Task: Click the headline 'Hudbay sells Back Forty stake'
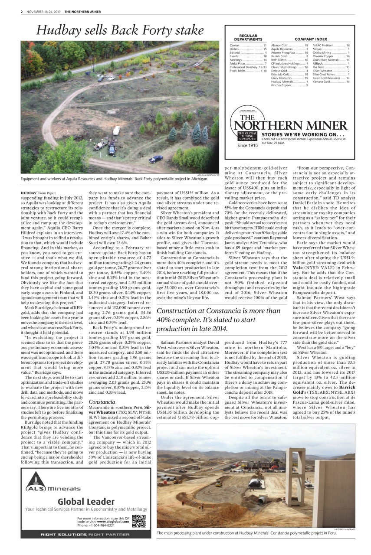coord(120,30)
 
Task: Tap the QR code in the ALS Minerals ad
coord(138,521)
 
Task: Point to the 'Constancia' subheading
coord(102,402)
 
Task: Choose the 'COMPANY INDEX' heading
coord(311,39)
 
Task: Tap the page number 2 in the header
coord(21,12)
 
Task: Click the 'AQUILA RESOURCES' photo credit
coord(208,174)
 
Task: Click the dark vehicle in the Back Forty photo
coord(155,159)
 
